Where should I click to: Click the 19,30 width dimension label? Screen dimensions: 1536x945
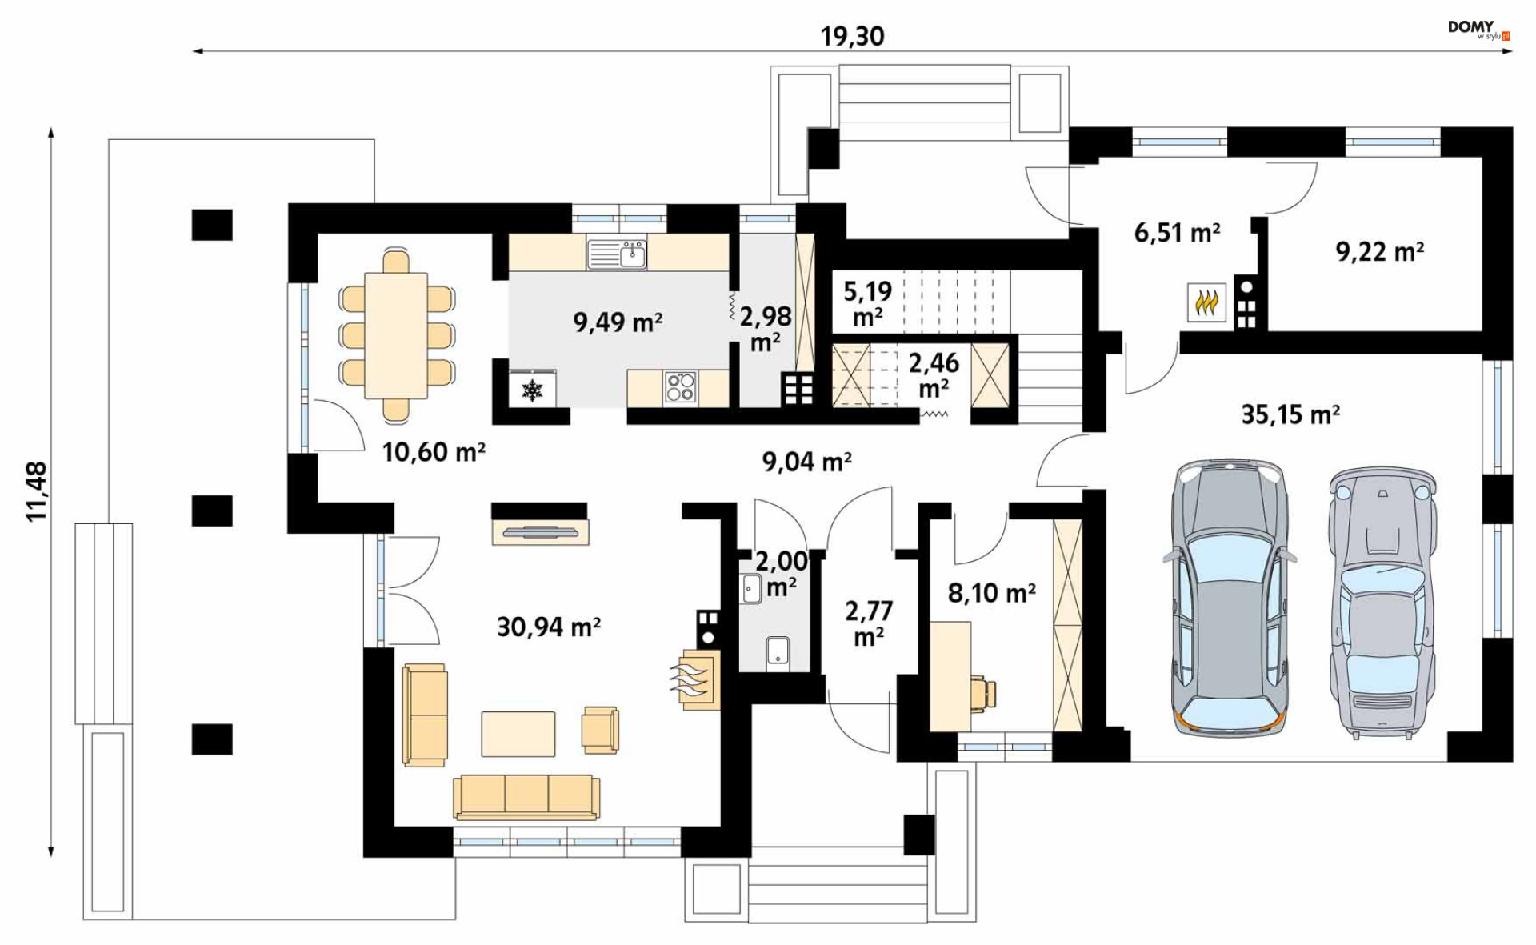coord(852,37)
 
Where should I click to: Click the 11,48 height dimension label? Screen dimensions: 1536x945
coord(37,491)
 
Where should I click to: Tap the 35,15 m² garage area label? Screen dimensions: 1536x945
coord(1290,414)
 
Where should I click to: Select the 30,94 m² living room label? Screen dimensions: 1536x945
coord(549,627)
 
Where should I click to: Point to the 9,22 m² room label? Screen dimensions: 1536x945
coord(1379,251)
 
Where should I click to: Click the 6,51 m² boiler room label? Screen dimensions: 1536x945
coord(1177,233)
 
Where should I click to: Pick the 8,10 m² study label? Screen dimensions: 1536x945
coord(991,593)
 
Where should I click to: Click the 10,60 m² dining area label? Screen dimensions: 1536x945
coord(434,452)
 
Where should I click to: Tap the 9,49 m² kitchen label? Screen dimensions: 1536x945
coord(618,322)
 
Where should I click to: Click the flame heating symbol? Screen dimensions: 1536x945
coord(1206,302)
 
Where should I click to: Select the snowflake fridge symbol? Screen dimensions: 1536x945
coord(533,390)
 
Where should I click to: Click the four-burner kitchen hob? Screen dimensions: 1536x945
coord(680,388)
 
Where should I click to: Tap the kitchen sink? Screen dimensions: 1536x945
coord(617,254)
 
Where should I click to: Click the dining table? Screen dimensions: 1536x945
coord(395,335)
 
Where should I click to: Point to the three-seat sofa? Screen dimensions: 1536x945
coord(526,796)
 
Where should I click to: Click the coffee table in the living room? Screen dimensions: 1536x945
coord(518,734)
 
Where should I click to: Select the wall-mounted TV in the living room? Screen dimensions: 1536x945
coord(540,531)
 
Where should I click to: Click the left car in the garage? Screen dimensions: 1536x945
coord(1229,598)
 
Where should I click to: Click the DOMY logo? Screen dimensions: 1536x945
coord(1478,30)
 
